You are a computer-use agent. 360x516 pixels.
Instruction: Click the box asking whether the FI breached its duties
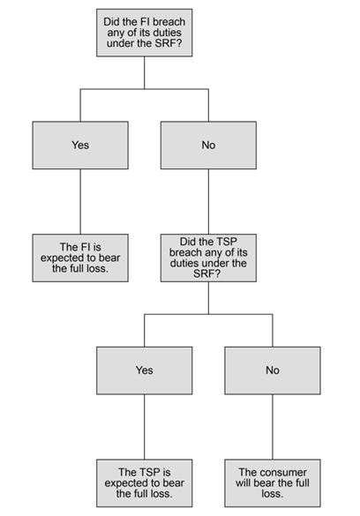[x=144, y=33]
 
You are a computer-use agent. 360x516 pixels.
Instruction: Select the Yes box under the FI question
[x=80, y=146]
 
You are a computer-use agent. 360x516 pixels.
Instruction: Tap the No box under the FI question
[x=208, y=146]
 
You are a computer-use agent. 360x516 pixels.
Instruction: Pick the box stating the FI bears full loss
[x=80, y=258]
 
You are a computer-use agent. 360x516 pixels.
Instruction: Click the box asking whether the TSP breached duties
[x=208, y=258]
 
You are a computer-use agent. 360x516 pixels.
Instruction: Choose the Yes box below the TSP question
[x=144, y=370]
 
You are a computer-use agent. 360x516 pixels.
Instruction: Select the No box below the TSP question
[x=273, y=370]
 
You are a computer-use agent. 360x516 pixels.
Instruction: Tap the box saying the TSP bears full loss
[x=144, y=482]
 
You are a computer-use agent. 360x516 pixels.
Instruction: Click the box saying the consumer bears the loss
[x=273, y=482]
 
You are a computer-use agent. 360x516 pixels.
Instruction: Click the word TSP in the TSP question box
[x=226, y=242]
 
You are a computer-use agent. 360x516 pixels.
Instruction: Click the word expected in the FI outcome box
[x=62, y=258]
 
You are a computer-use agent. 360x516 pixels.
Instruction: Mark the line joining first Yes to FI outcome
[x=80, y=202]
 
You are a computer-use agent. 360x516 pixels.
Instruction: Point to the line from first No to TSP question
[x=208, y=202]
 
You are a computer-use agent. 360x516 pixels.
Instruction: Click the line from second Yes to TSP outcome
[x=144, y=427]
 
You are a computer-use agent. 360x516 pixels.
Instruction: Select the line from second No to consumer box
[x=273, y=427]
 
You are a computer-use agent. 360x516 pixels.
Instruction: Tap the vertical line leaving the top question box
[x=144, y=72]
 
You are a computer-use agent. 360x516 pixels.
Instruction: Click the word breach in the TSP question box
[x=185, y=252]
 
